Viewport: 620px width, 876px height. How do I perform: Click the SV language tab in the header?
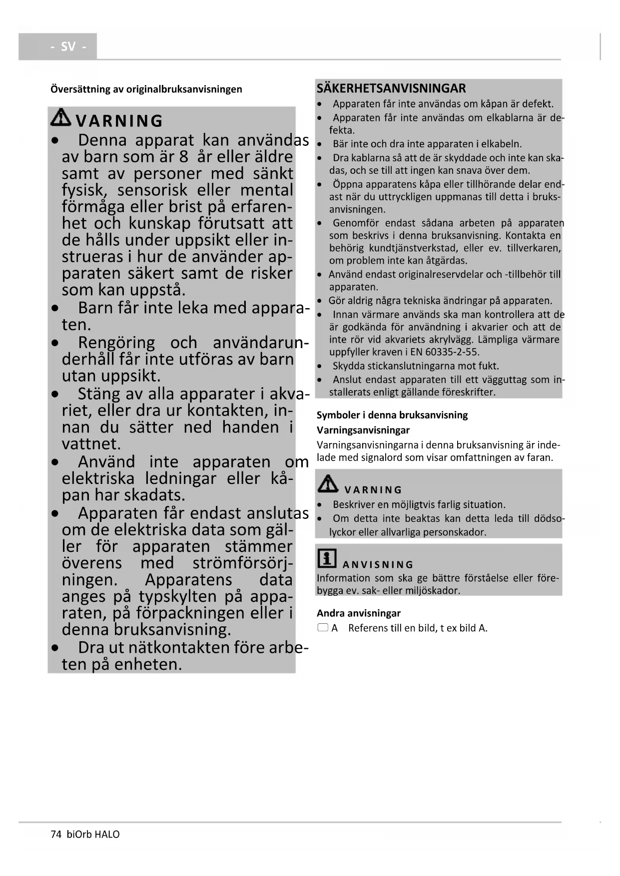point(68,46)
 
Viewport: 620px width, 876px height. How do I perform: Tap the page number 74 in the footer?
point(55,834)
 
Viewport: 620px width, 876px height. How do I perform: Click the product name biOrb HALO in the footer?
point(93,834)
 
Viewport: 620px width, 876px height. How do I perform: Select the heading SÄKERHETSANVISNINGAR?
point(391,88)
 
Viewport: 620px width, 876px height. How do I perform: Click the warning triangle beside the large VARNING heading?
point(62,118)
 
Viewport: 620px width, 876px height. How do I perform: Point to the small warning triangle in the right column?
point(328,483)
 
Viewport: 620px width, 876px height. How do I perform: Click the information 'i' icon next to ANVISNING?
point(327,558)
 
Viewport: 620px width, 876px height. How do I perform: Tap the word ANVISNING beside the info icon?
point(378,564)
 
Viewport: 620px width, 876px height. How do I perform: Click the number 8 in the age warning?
point(183,157)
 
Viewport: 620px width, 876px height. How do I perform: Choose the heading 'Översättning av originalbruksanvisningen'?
point(146,89)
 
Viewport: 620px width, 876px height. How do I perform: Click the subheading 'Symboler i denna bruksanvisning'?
point(392,415)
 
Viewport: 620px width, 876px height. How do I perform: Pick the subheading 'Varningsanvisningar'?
point(363,430)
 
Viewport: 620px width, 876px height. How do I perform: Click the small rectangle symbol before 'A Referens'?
point(323,628)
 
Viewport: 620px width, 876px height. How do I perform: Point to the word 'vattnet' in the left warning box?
point(91,444)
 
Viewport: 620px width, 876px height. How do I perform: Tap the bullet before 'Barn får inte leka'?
point(55,309)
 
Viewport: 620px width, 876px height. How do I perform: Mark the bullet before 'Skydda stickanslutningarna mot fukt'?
point(320,367)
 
